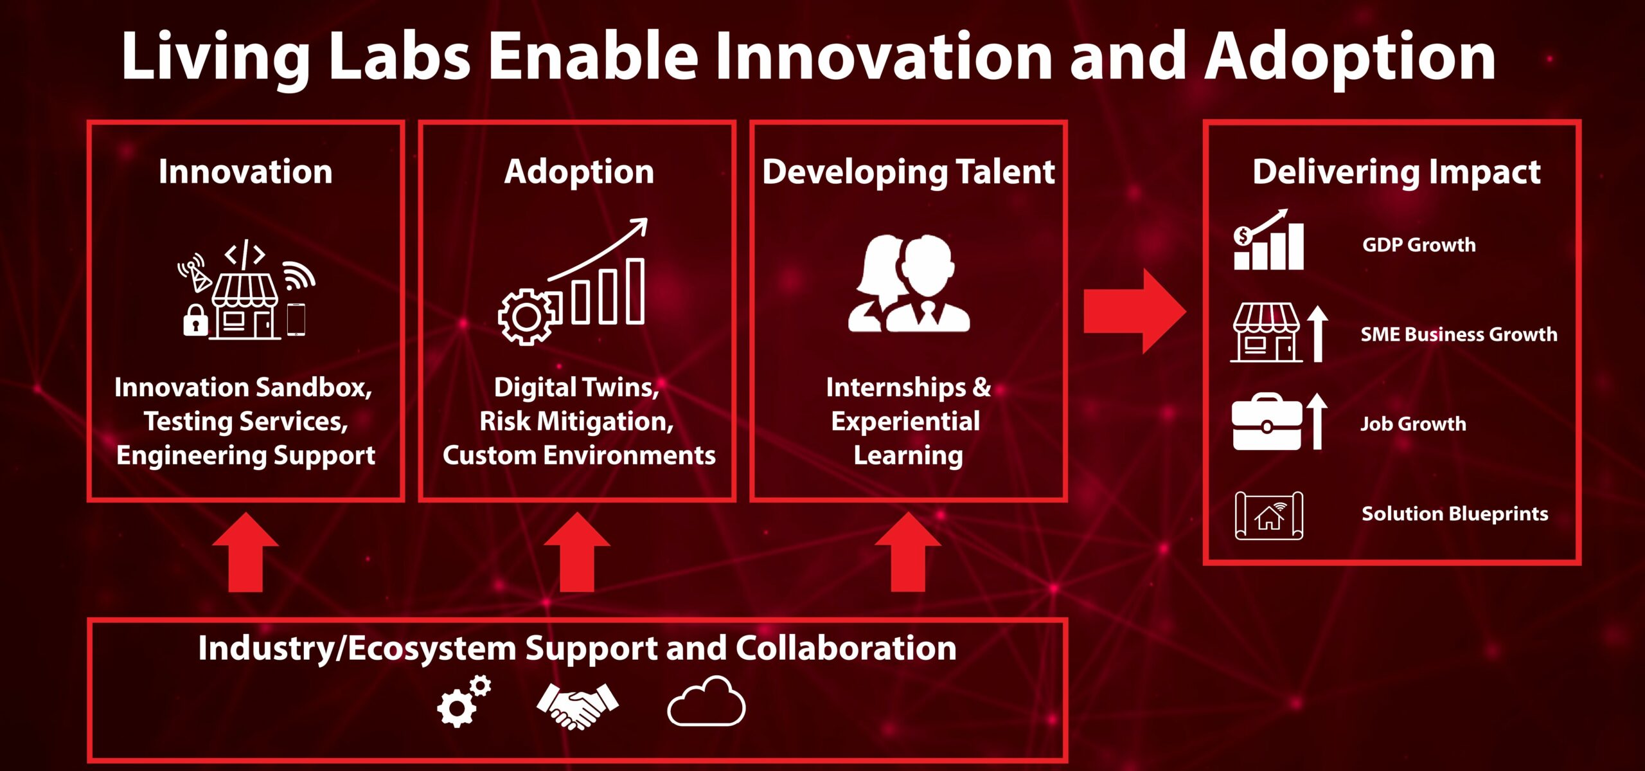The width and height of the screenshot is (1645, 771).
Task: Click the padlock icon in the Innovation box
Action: (x=195, y=320)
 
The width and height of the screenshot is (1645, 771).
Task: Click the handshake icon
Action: (x=577, y=705)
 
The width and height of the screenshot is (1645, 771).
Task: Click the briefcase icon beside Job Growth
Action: (x=1267, y=422)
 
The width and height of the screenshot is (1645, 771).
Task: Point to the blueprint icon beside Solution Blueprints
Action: (x=1268, y=515)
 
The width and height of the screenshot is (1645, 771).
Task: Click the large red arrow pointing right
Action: (x=1134, y=311)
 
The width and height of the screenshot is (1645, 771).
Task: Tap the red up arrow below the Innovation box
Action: (x=245, y=552)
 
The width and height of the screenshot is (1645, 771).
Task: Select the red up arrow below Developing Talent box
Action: (x=908, y=552)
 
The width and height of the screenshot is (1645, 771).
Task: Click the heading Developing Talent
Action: (x=908, y=172)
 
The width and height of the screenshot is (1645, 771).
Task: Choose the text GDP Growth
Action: (x=1419, y=245)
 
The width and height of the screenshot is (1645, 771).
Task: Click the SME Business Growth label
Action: (x=1459, y=334)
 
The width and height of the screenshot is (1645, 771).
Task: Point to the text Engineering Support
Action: (x=245, y=455)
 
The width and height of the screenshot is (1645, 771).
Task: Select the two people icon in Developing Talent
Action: (x=909, y=283)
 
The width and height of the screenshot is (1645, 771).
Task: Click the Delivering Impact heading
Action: (x=1396, y=172)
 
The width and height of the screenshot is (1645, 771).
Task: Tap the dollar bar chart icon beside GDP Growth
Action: (x=1268, y=239)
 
